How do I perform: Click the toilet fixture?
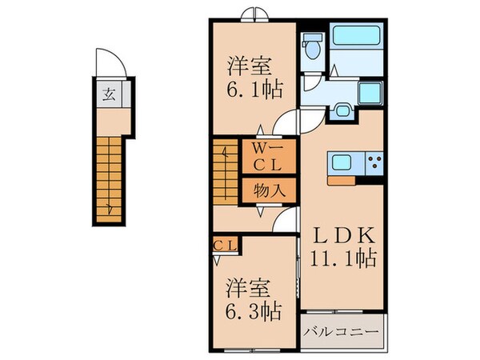click(313, 49)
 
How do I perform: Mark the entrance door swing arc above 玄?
click(108, 61)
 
